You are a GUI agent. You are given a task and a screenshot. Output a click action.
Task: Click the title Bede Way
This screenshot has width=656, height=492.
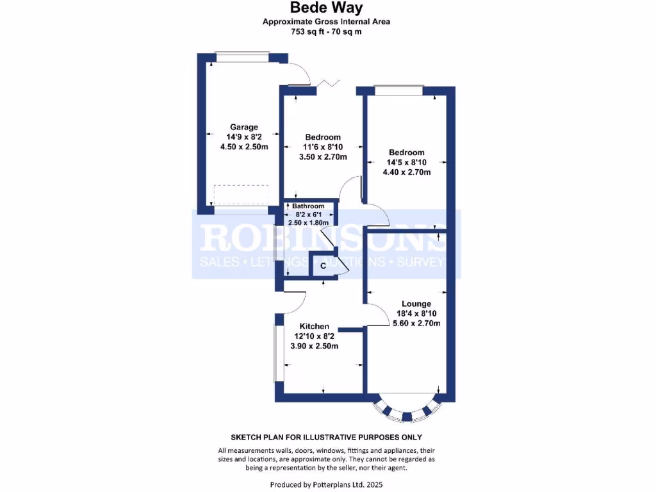327,8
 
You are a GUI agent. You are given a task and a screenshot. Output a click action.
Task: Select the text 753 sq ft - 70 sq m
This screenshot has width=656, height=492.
327,31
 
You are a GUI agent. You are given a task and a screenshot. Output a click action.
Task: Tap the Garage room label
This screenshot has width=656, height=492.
244,127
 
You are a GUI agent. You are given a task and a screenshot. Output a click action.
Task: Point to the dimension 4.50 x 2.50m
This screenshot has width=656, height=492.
244,147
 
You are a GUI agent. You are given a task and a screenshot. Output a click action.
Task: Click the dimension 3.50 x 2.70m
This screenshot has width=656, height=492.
323,157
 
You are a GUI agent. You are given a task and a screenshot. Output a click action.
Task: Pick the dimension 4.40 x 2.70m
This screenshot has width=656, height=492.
406,172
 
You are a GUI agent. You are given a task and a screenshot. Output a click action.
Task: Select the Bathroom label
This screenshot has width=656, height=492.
309,206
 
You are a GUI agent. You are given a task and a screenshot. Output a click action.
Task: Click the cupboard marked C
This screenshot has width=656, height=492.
323,265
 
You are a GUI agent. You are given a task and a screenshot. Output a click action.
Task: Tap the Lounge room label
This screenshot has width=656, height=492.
416,304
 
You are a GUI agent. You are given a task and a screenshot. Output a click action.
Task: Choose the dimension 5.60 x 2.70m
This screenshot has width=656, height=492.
416,324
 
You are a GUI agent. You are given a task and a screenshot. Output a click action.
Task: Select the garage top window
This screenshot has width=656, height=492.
242,58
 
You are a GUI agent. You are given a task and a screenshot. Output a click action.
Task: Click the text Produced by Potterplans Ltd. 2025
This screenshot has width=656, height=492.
327,484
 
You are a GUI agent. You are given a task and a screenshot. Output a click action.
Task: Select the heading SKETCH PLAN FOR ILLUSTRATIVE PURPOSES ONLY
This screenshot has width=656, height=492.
327,438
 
